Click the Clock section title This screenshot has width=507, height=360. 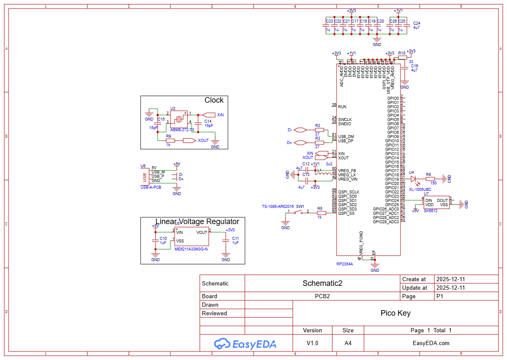click(214, 100)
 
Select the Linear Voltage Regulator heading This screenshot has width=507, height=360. click(197, 222)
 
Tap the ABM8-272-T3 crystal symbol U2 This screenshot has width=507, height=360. click(179, 119)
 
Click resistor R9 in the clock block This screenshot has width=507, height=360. click(170, 140)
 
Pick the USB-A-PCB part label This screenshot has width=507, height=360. click(151, 187)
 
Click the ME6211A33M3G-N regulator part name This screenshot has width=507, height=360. click(191, 249)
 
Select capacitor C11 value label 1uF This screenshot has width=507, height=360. click(235, 242)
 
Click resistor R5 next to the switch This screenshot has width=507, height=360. click(322, 213)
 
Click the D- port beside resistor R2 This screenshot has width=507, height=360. click(300, 130)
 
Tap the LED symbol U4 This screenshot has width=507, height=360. click(413, 179)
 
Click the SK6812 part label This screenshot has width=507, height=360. click(431, 210)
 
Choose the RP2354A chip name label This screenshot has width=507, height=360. click(345, 264)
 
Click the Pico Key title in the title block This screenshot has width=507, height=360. click(395, 313)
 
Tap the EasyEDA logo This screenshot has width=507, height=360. click(245, 343)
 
